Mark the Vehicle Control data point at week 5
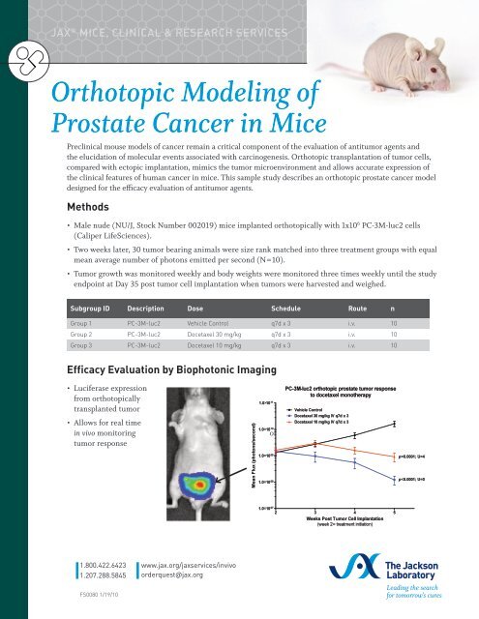point(393,425)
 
